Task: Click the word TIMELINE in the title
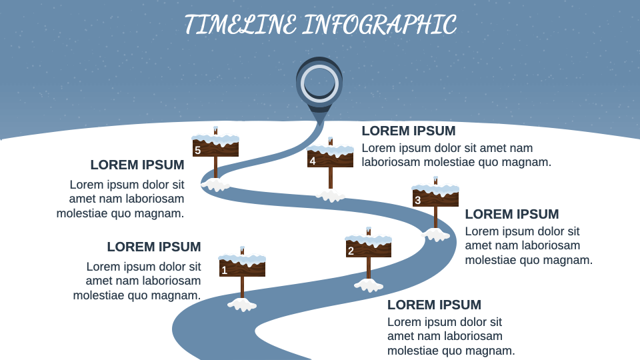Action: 241,25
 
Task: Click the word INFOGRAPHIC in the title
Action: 379,25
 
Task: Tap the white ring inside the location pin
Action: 319,83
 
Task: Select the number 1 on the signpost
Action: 224,270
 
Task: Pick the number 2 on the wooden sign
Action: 351,251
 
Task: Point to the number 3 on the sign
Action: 417,201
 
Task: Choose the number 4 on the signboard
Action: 313,161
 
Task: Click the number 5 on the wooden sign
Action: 197,150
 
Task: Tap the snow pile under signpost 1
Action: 242,305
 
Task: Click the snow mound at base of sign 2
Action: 369,285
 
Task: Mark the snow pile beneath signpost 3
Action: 435,235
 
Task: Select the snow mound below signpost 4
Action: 331,195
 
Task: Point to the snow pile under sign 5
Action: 215,185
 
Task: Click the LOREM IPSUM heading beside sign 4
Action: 409,131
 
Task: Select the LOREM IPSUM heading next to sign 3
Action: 512,214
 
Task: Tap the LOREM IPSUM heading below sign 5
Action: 137,165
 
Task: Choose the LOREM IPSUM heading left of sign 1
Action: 154,247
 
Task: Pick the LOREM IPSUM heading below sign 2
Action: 434,305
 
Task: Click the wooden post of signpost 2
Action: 369,268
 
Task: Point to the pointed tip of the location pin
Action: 319,124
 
